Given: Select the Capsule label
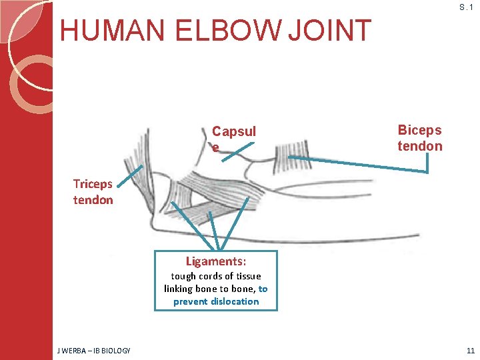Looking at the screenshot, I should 233,139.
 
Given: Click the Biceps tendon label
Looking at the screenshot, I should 419,138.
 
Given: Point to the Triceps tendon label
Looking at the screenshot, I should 93,192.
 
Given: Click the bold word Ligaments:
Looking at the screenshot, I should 216,261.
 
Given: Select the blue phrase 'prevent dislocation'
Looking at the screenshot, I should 216,301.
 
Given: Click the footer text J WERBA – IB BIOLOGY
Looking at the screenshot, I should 93,351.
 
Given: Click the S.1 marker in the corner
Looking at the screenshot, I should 466,7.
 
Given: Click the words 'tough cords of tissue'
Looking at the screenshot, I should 216,276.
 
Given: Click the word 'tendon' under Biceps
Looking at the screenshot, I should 419,146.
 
